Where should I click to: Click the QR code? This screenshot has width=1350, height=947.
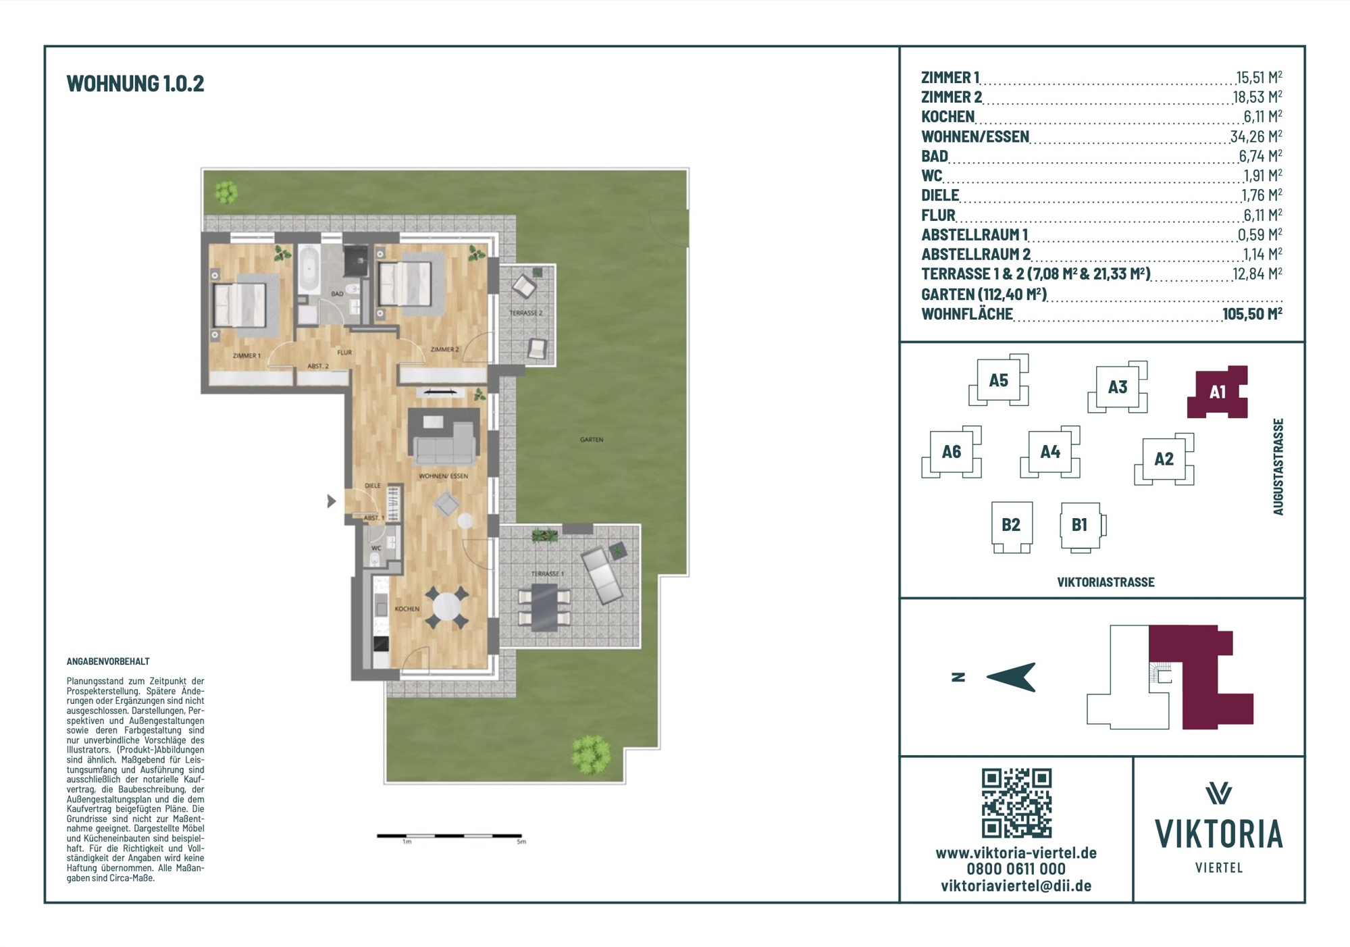tap(1016, 803)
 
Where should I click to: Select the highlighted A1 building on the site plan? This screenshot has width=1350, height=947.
tap(1217, 392)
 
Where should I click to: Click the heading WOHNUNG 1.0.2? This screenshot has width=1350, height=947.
tap(135, 83)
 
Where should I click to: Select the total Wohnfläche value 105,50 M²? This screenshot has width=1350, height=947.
tap(1252, 313)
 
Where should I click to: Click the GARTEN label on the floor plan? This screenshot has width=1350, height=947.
tap(592, 440)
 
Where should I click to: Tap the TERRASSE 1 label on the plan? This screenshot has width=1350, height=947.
tap(547, 574)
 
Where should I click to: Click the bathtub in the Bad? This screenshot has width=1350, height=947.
tap(309, 270)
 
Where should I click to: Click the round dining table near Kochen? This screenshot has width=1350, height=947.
tap(446, 607)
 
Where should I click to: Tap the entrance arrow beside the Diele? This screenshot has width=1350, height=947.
tap(331, 501)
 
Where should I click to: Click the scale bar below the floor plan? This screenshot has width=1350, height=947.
tap(449, 836)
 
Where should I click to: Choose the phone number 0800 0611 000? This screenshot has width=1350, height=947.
tap(1016, 869)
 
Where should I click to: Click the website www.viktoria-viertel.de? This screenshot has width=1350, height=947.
tap(1016, 853)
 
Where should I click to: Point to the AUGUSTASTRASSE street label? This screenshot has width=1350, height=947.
tap(1278, 467)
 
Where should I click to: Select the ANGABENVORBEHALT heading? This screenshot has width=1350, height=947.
tap(108, 661)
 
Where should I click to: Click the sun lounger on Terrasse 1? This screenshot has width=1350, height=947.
tap(602, 575)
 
